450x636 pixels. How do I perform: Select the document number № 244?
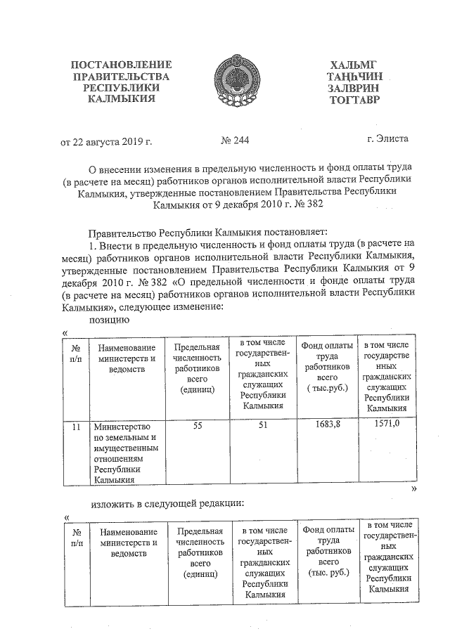click(235, 141)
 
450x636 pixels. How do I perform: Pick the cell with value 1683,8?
click(323, 425)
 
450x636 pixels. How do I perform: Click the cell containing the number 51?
click(261, 426)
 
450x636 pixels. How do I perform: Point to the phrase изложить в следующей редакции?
click(167, 504)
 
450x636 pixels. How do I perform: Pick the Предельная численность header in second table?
click(200, 552)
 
